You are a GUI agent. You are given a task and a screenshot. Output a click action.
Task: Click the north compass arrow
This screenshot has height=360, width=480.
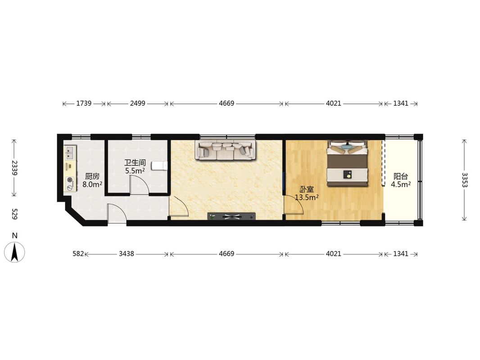14,252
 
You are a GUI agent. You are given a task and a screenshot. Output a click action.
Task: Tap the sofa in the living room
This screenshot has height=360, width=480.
225,150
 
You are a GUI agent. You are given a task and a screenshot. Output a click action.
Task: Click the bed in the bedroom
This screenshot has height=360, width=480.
347,163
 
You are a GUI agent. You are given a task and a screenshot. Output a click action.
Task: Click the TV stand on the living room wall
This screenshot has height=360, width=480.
231,216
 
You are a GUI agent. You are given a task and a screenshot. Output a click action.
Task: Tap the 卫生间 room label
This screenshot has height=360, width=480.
135,163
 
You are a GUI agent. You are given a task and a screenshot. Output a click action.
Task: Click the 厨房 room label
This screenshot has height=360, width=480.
92,176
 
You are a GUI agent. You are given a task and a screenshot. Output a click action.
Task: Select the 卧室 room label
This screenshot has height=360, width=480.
307,189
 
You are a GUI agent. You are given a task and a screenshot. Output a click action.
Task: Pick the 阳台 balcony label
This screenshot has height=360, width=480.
401,176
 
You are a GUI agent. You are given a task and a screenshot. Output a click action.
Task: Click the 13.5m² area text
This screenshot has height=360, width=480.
307,197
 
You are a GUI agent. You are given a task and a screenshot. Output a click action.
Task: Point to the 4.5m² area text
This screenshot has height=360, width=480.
401,184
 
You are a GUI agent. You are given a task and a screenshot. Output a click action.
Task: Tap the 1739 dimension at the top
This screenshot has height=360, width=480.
84,103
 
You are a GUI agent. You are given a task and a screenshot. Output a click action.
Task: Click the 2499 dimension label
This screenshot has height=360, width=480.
137,103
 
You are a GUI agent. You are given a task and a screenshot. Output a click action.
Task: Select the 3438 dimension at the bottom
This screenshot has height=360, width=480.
127,253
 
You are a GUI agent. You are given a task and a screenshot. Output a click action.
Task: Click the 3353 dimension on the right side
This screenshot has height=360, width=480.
465,180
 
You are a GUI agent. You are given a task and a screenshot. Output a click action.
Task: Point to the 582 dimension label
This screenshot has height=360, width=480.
78,253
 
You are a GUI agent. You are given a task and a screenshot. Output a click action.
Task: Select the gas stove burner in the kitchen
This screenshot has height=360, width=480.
70,180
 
